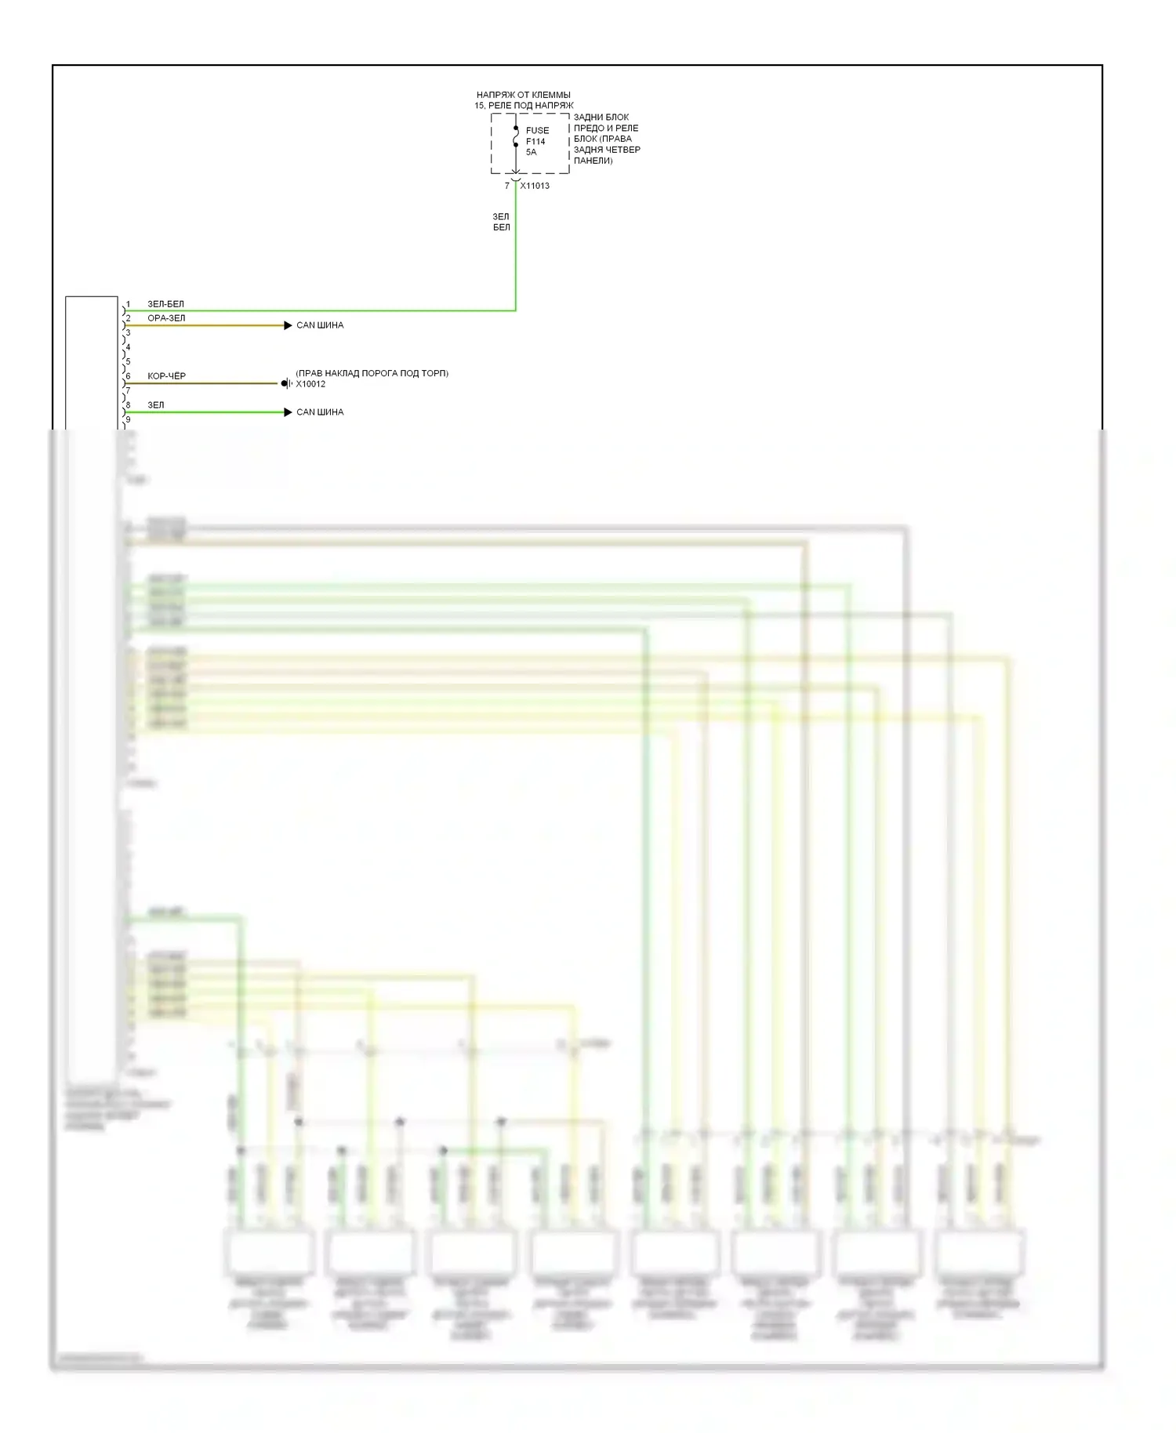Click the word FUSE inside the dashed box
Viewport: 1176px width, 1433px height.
tap(537, 130)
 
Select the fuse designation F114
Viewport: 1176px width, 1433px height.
tap(535, 141)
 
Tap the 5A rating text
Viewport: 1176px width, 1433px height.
tap(532, 152)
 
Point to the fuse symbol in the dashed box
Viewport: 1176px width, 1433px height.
tap(516, 137)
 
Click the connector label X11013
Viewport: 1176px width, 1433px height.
tap(535, 186)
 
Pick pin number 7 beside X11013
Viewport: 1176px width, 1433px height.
tap(507, 186)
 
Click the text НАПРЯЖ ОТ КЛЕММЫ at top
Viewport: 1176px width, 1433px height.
tap(524, 95)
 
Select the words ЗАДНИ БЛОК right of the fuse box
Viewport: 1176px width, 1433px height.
tap(601, 118)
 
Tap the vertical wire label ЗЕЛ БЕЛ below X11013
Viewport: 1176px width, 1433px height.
tap(501, 222)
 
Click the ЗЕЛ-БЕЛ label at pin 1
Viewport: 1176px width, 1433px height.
tap(166, 304)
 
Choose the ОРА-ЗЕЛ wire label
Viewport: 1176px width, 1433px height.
tap(167, 318)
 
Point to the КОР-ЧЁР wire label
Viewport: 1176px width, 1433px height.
tap(167, 376)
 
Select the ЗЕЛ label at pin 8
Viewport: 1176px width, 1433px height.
tap(156, 405)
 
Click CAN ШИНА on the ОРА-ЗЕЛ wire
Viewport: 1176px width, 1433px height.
tap(320, 325)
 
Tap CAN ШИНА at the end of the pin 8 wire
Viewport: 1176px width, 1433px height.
tap(320, 412)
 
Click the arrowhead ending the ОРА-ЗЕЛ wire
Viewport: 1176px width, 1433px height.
tap(288, 325)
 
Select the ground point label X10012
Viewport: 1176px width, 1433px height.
tap(310, 384)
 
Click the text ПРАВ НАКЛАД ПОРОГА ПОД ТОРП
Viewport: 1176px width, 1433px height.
tap(372, 373)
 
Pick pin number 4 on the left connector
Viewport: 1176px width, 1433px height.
tap(129, 347)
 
